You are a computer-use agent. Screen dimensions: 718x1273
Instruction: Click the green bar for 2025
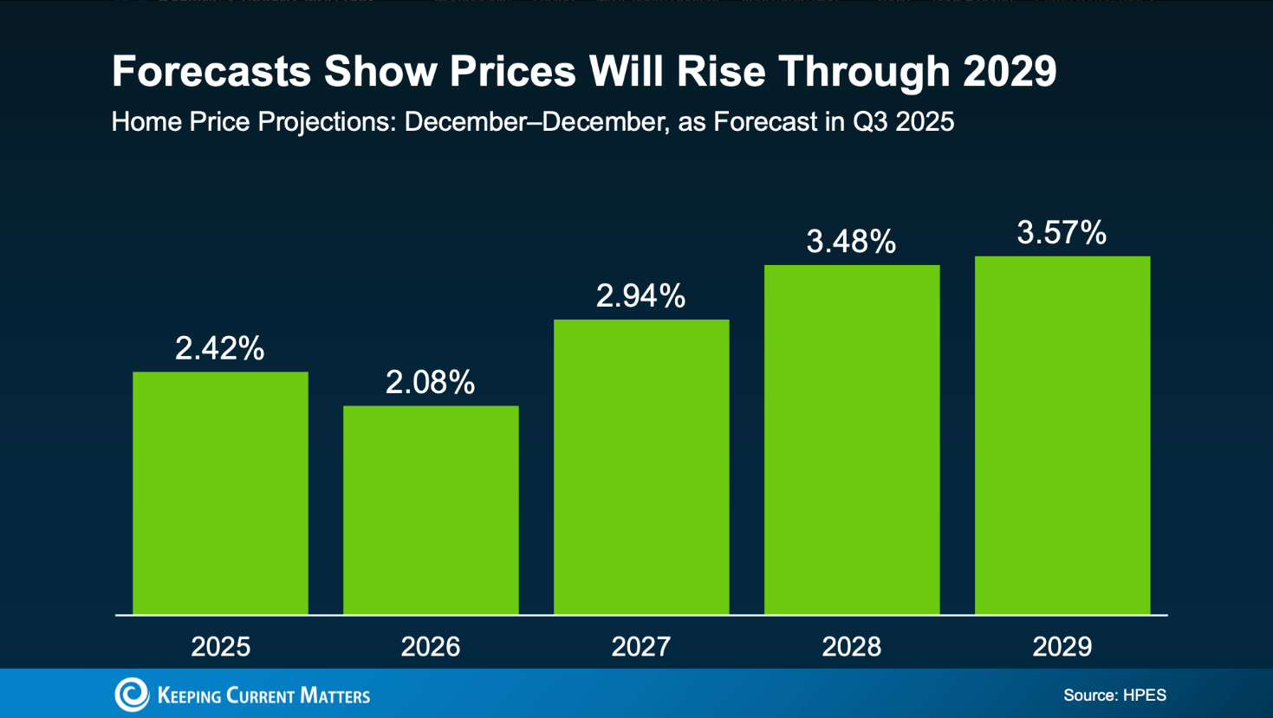point(220,493)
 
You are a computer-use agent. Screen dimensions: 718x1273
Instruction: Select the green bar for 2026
point(431,510)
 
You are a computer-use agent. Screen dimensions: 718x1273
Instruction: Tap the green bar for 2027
point(641,467)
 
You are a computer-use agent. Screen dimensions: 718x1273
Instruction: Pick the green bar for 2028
point(852,439)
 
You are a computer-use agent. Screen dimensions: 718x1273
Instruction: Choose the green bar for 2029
point(1062,435)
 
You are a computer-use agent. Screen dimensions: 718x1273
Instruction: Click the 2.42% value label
point(219,348)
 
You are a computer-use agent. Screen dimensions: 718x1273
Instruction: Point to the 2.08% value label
point(430,382)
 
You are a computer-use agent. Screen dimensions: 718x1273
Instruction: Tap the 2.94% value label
point(640,296)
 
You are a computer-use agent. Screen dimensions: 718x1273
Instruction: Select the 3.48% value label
point(851,242)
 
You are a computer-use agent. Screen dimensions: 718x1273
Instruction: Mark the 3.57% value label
point(1062,233)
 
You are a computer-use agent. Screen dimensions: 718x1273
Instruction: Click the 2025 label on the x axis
point(220,647)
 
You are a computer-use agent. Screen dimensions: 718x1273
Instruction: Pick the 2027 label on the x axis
point(641,647)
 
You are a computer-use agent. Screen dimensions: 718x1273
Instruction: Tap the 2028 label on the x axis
point(852,647)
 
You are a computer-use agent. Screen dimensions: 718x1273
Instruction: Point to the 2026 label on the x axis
point(431,647)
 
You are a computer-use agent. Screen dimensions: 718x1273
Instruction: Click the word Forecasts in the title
point(211,71)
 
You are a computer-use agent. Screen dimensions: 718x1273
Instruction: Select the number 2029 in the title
point(1010,71)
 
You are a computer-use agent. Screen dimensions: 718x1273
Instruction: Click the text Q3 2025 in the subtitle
point(903,122)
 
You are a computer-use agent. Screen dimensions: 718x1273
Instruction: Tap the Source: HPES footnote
point(1114,695)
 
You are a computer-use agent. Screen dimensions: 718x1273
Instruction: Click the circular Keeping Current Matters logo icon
point(132,695)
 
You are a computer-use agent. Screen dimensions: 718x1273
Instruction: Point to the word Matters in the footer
point(334,695)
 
